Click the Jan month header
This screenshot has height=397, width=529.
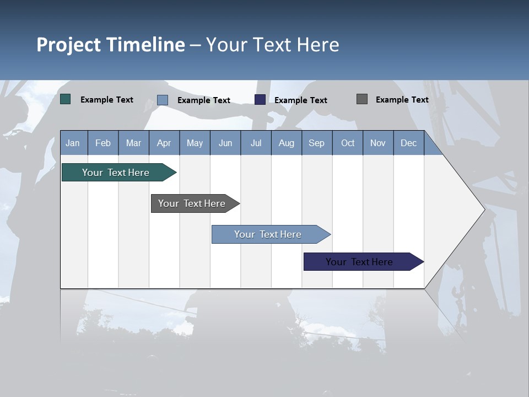73,143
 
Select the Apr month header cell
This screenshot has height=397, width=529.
164,143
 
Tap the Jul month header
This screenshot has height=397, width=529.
256,143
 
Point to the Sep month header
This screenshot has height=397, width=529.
316,143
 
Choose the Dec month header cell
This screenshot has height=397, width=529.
408,143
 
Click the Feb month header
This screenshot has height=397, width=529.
103,143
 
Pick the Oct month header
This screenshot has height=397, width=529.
348,143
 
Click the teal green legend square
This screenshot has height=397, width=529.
66,99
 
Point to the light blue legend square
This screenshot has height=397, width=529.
163,100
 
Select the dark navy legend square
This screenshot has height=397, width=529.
260,100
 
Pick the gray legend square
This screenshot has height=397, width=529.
362,99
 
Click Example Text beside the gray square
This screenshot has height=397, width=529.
402,100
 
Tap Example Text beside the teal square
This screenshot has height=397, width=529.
107,100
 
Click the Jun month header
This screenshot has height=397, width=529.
225,143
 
